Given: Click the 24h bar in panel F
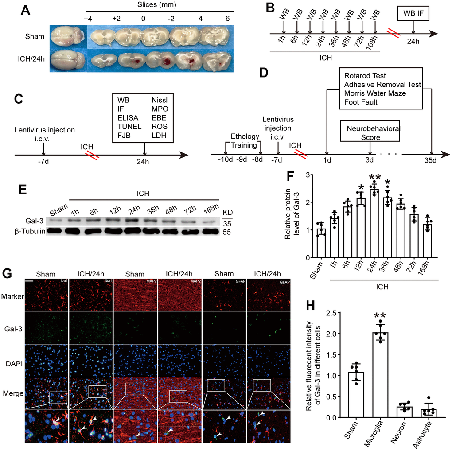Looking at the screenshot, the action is coord(374,223).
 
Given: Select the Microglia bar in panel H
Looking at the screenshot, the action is coord(380,375).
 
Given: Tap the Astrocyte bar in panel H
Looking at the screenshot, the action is coord(429,413).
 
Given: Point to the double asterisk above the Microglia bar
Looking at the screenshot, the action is coord(380,315).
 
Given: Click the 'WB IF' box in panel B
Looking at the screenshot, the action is coord(413,13).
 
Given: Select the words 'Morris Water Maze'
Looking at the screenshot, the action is coord(375,93).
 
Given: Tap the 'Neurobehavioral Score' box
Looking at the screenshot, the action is coord(370,131).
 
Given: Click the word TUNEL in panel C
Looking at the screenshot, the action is coord(129,127).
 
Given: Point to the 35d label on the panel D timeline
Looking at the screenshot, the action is coord(430,160).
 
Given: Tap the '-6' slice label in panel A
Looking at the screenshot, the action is coord(226,19).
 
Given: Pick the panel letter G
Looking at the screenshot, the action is coord(7,273).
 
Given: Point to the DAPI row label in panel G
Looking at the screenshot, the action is coord(14,364).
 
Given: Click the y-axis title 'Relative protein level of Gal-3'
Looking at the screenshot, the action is coord(292,214).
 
